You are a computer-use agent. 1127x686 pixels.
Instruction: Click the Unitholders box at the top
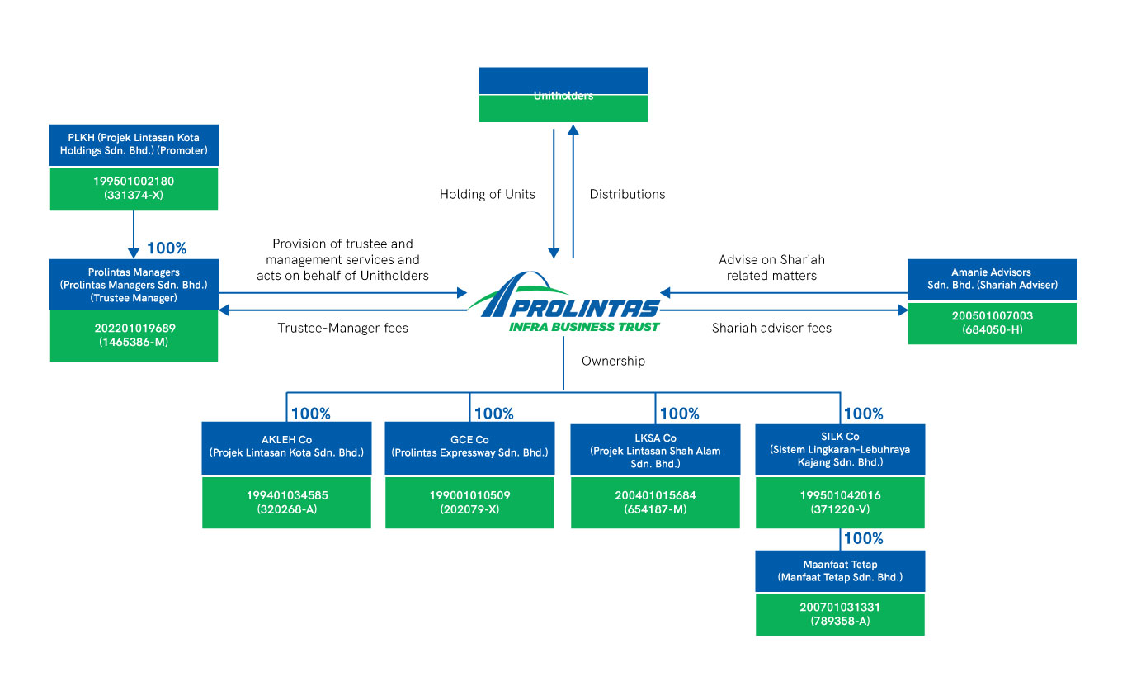[x=563, y=95]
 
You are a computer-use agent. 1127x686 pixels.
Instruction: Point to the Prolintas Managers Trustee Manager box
[x=134, y=285]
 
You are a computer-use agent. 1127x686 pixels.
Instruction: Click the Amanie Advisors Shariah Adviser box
[x=992, y=279]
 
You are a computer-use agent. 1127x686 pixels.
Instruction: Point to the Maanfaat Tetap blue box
[x=840, y=571]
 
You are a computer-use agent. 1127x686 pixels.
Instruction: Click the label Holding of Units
[x=487, y=195]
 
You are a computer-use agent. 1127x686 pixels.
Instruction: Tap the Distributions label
[x=627, y=195]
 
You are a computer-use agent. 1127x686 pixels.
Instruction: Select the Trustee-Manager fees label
[x=343, y=329]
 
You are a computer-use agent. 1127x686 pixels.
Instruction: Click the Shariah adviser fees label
[x=771, y=329]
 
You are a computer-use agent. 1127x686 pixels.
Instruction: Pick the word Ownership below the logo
[x=613, y=362]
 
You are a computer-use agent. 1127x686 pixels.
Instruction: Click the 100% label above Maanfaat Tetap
[x=864, y=539]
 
